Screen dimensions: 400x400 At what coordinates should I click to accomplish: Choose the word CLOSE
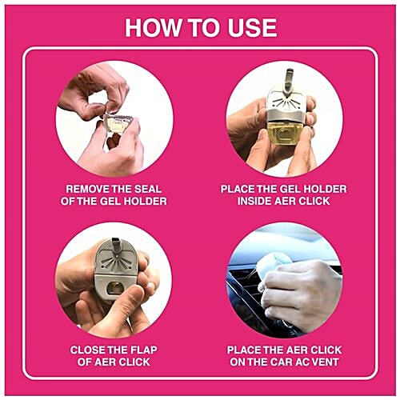click(89, 350)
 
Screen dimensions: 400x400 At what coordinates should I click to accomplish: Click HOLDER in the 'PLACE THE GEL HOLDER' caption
click(323, 189)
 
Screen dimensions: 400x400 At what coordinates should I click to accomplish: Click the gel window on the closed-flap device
click(115, 287)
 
